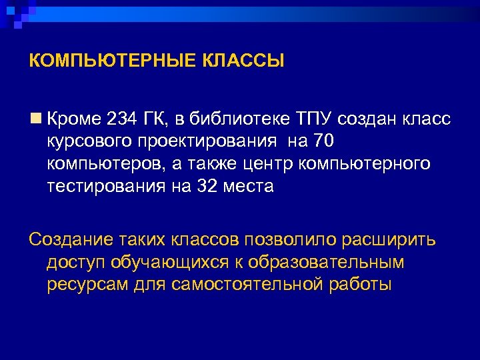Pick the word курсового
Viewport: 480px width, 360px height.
[x=91, y=142]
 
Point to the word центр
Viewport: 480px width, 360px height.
[x=275, y=164]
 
